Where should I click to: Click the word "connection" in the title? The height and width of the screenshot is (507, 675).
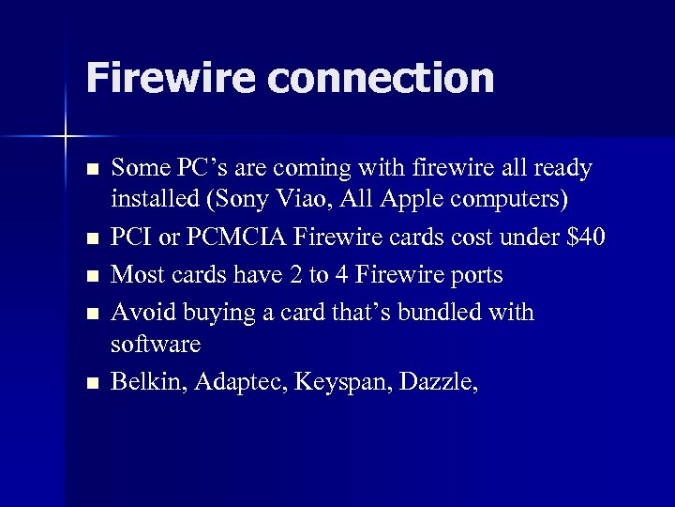(x=381, y=78)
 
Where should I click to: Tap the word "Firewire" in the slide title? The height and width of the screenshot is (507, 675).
(x=171, y=78)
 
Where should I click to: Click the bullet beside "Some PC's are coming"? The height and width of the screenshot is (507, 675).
(x=90, y=170)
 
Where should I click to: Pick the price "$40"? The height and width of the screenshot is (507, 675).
(x=587, y=238)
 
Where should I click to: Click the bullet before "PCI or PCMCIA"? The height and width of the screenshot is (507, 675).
(x=90, y=240)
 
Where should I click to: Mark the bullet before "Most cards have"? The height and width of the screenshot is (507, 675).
(x=90, y=276)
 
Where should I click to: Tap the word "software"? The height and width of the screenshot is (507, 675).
(x=155, y=345)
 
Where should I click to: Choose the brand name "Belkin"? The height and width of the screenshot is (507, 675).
(x=146, y=381)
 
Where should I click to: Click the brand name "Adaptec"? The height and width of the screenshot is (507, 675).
(x=240, y=382)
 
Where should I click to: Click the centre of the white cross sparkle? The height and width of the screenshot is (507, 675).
(x=66, y=137)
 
